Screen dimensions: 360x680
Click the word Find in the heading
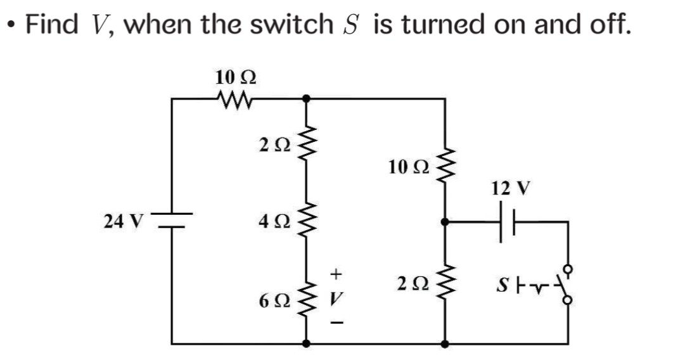(x=53, y=25)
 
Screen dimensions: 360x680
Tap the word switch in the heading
(x=290, y=25)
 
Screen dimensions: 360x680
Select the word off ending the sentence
(x=606, y=25)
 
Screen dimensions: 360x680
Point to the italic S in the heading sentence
(x=352, y=25)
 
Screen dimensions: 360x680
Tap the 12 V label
(x=510, y=188)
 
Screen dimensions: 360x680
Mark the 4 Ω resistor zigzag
(x=307, y=222)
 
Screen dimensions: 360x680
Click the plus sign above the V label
(x=337, y=274)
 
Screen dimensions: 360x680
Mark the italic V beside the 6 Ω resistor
(x=337, y=298)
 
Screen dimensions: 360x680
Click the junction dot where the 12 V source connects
(x=446, y=222)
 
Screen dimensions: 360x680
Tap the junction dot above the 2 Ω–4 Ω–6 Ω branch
(x=307, y=98)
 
